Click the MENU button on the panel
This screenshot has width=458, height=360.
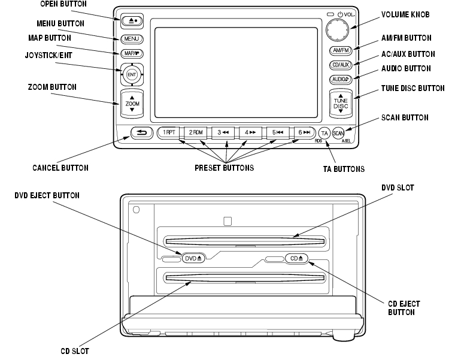132,39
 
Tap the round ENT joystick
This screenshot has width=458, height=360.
132,74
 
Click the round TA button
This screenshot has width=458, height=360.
324,132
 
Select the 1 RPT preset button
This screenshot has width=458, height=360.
168,132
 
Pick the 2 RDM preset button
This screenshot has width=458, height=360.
196,132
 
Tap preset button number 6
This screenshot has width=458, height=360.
305,132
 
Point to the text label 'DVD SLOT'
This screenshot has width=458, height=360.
397,188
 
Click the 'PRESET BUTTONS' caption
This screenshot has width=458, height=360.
224,168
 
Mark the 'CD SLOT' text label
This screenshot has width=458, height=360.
75,352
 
